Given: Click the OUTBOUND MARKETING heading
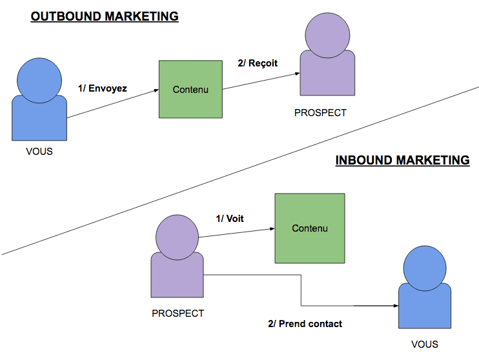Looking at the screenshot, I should [105, 16].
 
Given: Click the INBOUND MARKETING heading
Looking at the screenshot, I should [402, 160].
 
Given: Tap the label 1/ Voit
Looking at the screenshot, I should [230, 219].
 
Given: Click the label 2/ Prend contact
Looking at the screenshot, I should [305, 323].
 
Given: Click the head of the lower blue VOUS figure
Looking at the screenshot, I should [424, 267].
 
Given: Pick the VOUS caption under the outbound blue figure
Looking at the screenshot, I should [39, 152].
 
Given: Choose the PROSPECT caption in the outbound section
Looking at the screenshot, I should [320, 112].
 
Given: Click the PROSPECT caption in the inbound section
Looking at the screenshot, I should [178, 314].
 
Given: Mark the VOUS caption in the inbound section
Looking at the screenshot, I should [424, 344].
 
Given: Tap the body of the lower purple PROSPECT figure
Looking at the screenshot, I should [178, 277].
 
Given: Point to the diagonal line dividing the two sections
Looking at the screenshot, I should [240, 171].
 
